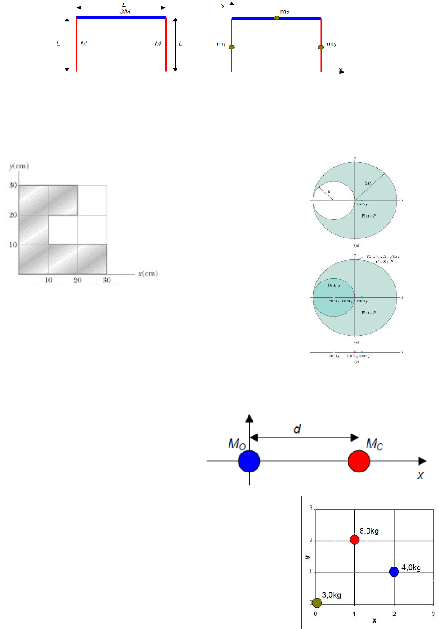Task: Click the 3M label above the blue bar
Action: (125, 11)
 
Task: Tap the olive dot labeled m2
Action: (277, 18)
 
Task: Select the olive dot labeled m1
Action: (232, 47)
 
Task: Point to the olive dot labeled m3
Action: (320, 47)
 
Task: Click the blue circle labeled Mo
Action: (249, 461)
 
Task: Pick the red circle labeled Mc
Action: (359, 461)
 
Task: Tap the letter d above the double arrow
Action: (297, 429)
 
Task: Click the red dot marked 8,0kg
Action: (354, 539)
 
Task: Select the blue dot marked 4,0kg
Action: (394, 572)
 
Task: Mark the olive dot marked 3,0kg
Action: (317, 603)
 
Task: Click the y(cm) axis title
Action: (19, 166)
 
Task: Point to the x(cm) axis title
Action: (148, 273)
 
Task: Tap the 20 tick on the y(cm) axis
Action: (13, 214)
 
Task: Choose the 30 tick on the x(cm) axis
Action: (107, 280)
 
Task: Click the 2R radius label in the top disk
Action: (368, 183)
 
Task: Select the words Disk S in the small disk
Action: (334, 285)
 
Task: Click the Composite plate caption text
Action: (383, 257)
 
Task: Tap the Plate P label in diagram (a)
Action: (369, 216)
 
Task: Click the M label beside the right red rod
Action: (157, 43)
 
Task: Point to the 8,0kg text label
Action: (369, 531)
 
